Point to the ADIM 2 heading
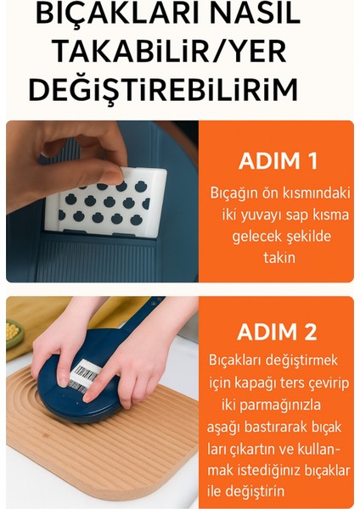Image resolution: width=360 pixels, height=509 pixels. pyautogui.click(x=279, y=333)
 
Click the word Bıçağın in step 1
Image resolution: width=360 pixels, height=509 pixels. pyautogui.click(x=234, y=193)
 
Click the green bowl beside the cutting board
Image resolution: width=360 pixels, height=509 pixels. pyautogui.click(x=14, y=334)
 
